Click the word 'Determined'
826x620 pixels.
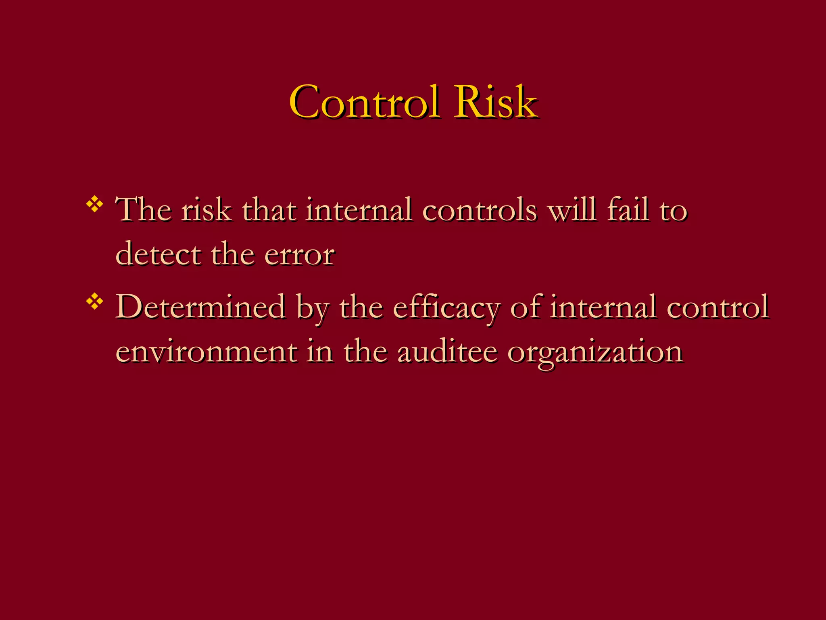point(200,307)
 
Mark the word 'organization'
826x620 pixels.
point(595,352)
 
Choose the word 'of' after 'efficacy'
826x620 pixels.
point(525,307)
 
